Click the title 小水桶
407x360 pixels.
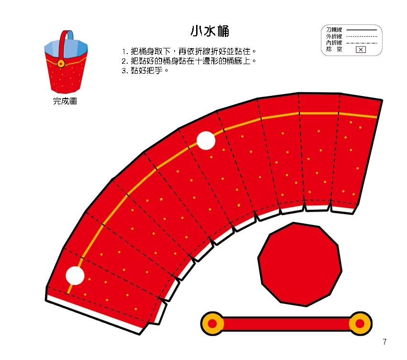(210, 31)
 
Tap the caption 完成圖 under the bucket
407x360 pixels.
(65, 101)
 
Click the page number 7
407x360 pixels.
(385, 341)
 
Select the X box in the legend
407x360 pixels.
(361, 50)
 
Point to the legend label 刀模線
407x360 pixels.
(334, 30)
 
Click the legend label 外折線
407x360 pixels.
(334, 36)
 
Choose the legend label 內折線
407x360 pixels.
(334, 43)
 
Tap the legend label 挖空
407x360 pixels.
(334, 49)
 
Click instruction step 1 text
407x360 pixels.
(189, 51)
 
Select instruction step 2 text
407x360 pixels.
(189, 61)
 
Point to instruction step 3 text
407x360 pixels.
(145, 70)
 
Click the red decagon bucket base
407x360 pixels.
(300, 264)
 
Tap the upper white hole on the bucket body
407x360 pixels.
(206, 141)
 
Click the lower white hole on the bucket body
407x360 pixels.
(75, 275)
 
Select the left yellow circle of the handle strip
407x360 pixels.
(212, 324)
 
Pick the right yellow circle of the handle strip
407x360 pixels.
(360, 324)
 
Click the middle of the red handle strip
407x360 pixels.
(286, 324)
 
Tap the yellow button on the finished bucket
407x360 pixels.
(61, 63)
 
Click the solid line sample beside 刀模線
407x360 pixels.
(362, 30)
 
